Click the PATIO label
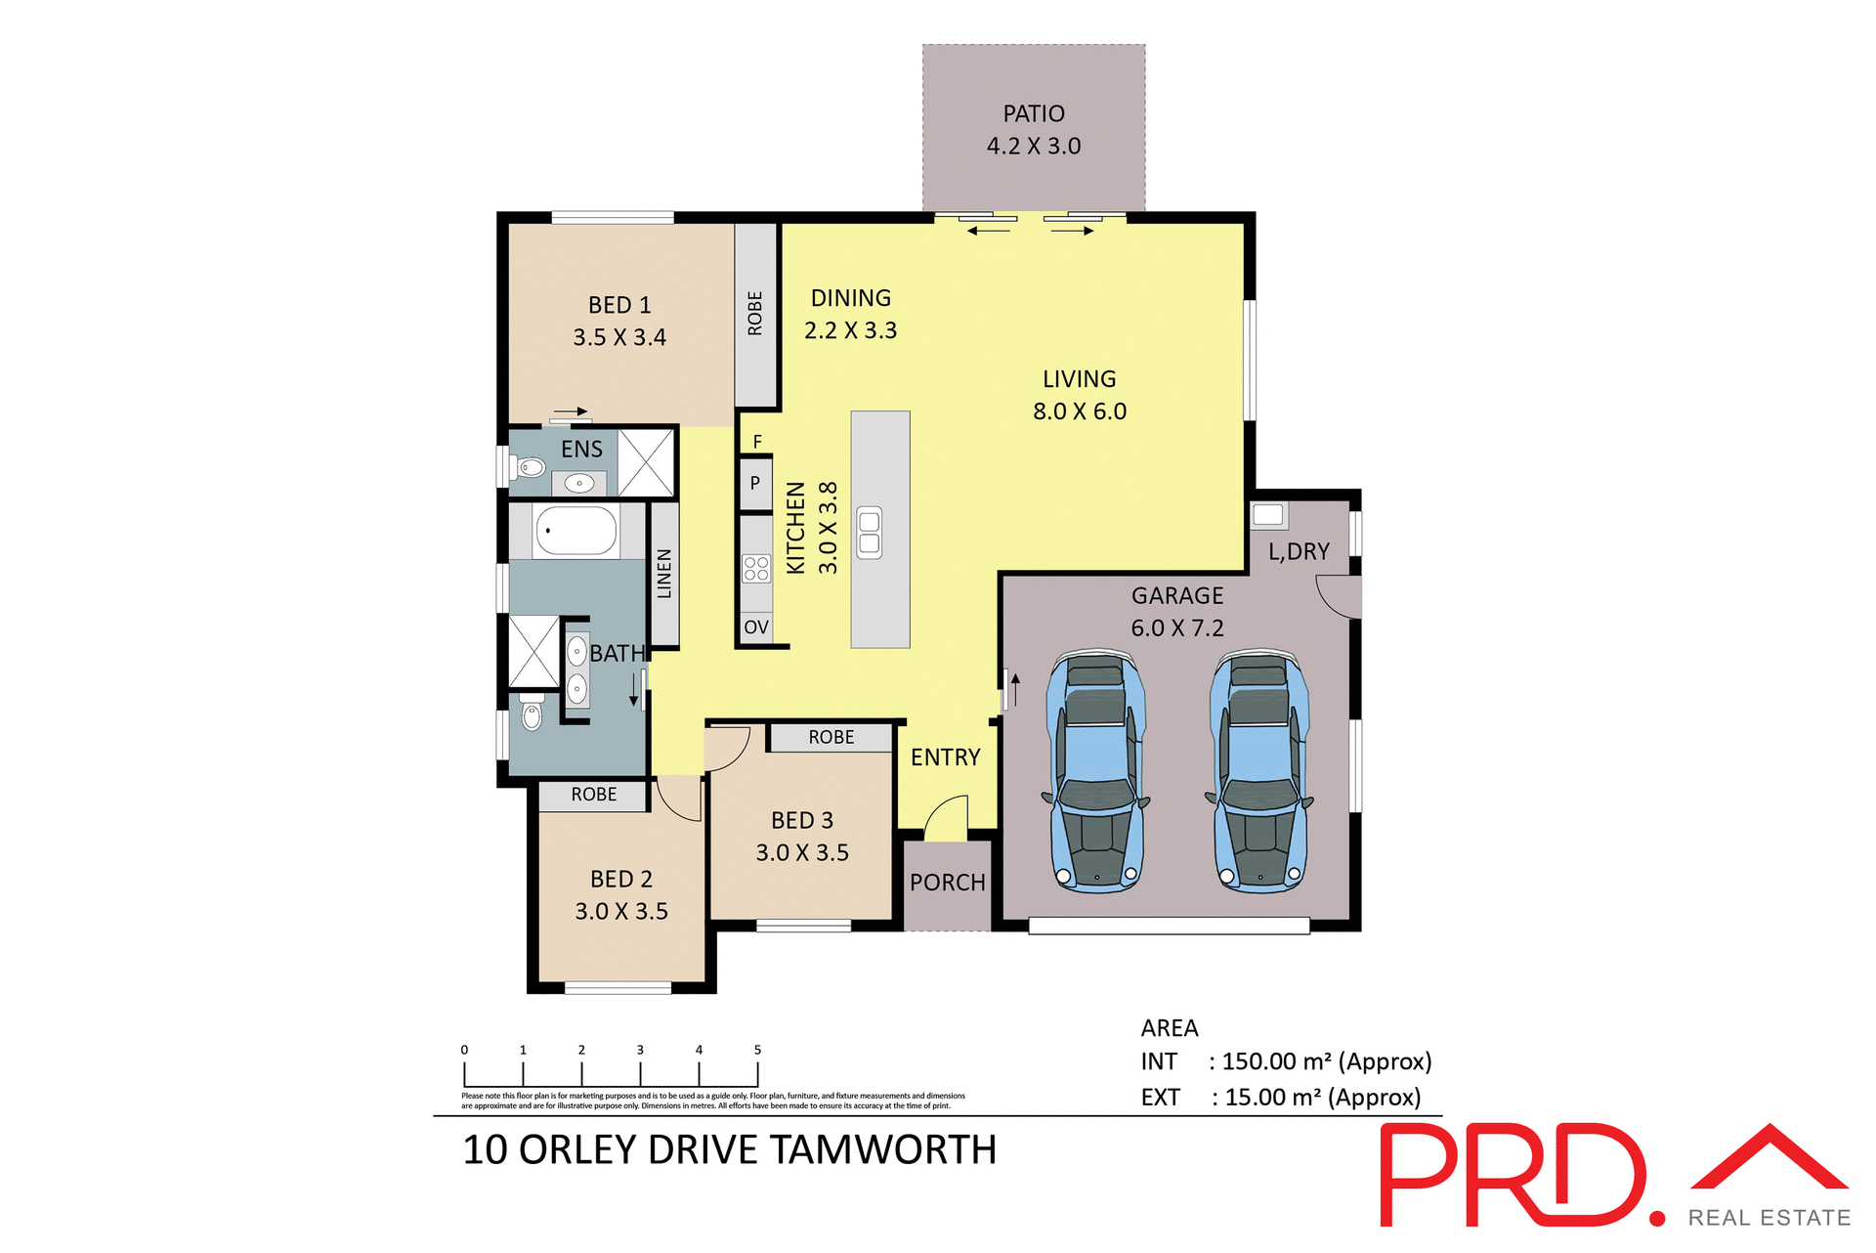[x=1033, y=114]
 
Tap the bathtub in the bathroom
[x=576, y=532]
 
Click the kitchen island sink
[x=869, y=533]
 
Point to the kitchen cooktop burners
[x=755, y=569]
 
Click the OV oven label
[x=755, y=627]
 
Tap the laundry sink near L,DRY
[x=1267, y=514]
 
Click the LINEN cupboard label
[x=664, y=574]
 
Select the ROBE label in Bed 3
[x=831, y=738]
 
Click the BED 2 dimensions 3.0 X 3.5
[x=621, y=912]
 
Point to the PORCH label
[x=947, y=883]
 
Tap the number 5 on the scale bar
[x=757, y=1050]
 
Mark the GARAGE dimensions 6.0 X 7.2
[x=1177, y=628]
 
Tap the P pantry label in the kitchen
[x=754, y=483]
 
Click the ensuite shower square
[x=646, y=462]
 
